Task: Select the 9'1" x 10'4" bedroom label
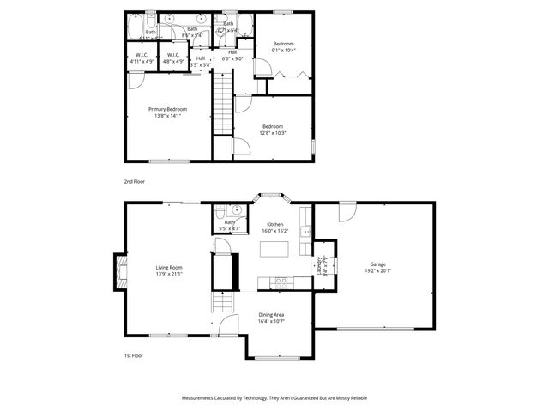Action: [x=284, y=49]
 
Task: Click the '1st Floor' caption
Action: [x=132, y=355]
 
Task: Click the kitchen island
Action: [x=275, y=248]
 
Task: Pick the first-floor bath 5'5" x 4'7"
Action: [x=230, y=226]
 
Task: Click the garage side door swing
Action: [x=347, y=211]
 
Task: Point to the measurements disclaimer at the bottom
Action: [x=274, y=398]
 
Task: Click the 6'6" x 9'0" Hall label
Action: [x=232, y=55]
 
